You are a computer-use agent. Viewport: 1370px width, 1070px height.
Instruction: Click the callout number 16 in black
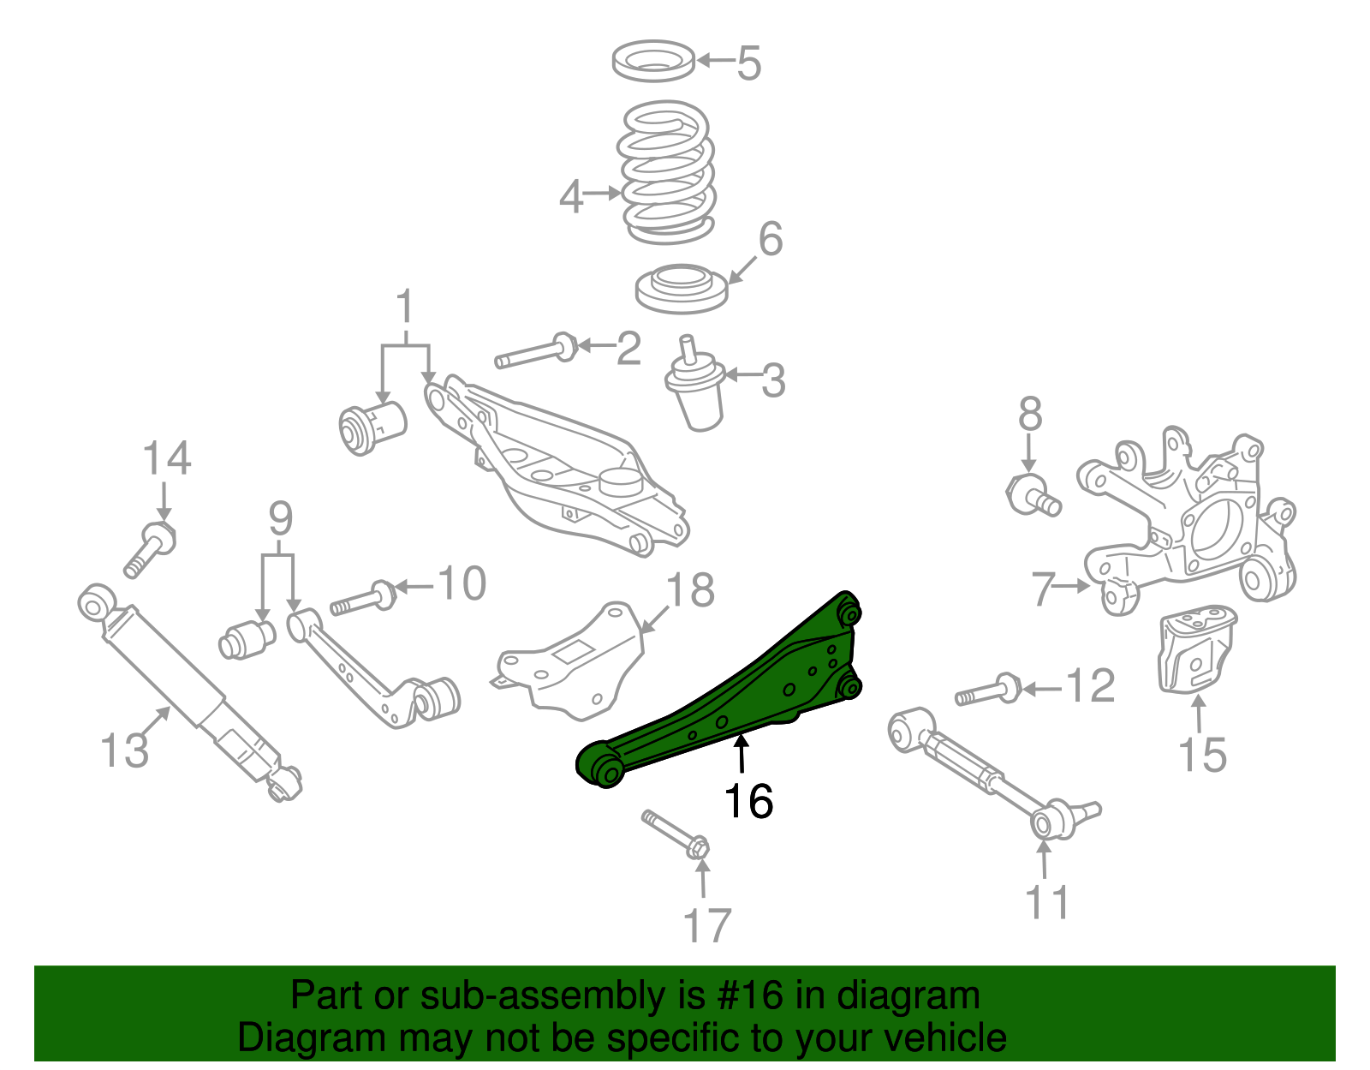click(748, 802)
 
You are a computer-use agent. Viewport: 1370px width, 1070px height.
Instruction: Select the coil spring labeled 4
click(666, 171)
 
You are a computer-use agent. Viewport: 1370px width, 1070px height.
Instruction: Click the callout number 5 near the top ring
click(748, 63)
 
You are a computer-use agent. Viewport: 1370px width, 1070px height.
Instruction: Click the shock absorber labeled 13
click(188, 685)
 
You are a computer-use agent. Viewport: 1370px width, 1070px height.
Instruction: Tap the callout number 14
click(167, 458)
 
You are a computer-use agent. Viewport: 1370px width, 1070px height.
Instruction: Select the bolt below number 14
click(151, 548)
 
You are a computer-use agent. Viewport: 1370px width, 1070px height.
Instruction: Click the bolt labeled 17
click(676, 835)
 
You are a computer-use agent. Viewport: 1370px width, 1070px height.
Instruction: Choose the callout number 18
click(690, 590)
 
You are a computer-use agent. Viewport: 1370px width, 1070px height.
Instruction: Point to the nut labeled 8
click(1032, 495)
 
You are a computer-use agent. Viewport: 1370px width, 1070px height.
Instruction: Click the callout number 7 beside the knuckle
click(1041, 589)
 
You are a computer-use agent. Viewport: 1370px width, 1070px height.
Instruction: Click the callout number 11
click(1048, 902)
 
